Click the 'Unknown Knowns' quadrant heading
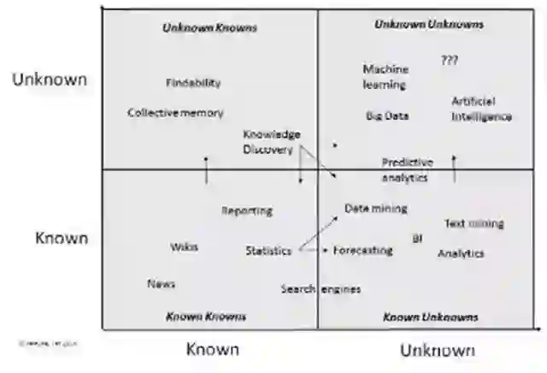(209, 28)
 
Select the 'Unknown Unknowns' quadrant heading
(429, 25)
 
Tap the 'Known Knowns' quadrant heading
(205, 317)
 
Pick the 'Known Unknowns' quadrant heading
(430, 317)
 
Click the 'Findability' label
(193, 83)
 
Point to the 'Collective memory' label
(175, 113)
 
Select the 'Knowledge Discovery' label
(271, 142)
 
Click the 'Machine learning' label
(385, 77)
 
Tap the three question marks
(450, 61)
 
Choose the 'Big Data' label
(387, 116)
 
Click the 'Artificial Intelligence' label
(481, 110)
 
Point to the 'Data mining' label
(376, 209)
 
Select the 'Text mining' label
(473, 224)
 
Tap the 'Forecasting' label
(362, 251)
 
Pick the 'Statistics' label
(268, 251)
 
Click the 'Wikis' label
(184, 246)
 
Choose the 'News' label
(161, 284)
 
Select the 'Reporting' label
(247, 210)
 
